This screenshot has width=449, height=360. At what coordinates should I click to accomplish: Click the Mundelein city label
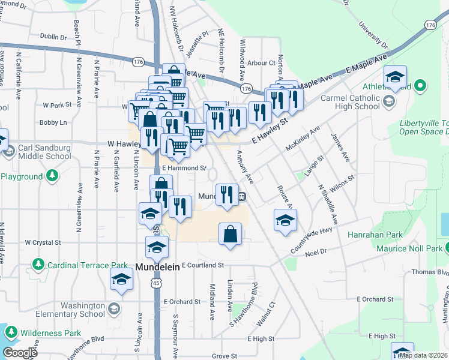click(x=157, y=267)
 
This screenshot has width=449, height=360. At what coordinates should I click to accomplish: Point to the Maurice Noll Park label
click(x=408, y=248)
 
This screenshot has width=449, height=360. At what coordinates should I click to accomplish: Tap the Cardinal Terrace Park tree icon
click(x=38, y=265)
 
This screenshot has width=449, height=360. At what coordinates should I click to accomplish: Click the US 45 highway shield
click(x=156, y=282)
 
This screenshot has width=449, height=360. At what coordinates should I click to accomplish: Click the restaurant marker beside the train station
click(x=226, y=194)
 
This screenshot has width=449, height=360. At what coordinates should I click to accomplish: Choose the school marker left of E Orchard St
click(x=122, y=279)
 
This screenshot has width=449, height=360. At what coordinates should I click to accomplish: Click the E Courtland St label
click(x=202, y=265)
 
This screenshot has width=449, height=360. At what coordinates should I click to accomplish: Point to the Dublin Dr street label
click(x=53, y=37)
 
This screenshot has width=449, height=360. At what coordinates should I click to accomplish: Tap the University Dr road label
click(x=373, y=34)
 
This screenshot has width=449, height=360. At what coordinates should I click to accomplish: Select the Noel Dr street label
click(x=315, y=252)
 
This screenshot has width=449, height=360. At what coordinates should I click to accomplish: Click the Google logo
click(x=20, y=353)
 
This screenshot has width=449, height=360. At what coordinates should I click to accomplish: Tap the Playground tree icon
click(x=53, y=176)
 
